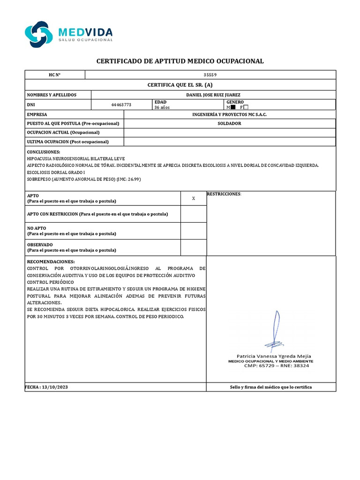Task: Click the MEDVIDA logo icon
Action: point(39,34)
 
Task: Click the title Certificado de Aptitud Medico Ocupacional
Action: point(180,61)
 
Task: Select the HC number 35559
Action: point(210,75)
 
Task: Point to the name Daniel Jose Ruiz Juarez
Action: point(213,95)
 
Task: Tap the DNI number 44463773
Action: point(121,105)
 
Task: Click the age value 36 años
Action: point(163,107)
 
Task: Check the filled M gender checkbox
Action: point(233,107)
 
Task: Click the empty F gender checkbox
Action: point(246,107)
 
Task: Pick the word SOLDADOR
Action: point(229,123)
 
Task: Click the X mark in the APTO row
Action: point(194,199)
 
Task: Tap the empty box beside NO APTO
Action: point(194,231)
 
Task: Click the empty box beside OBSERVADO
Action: point(194,247)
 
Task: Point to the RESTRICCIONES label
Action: point(224,194)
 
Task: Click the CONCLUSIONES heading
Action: point(44,152)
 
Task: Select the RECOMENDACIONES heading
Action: point(51,261)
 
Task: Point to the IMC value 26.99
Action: point(134,179)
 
